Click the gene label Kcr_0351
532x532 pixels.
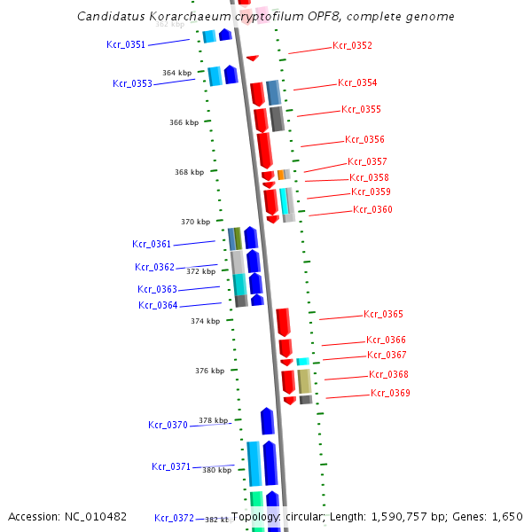pyautogui.click(x=126, y=44)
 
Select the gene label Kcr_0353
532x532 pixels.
pyautogui.click(x=132, y=83)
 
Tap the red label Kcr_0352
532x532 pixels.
pyautogui.click(x=352, y=45)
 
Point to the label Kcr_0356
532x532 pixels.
pyautogui.click(x=364, y=139)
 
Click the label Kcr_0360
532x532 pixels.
pyautogui.click(x=372, y=209)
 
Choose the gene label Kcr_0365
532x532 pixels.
pyautogui.click(x=383, y=314)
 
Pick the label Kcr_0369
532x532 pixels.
pyautogui.click(x=390, y=393)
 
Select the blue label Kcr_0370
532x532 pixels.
pyautogui.click(x=168, y=425)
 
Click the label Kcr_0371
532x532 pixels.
pyautogui.click(x=171, y=466)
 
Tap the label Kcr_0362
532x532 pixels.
pyautogui.click(x=154, y=267)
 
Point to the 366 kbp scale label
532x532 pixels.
pyautogui.click(x=184, y=122)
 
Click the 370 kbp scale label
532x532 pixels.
pyautogui.click(x=195, y=222)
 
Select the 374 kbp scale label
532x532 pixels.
pyautogui.click(x=205, y=321)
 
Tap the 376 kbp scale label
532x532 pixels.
pyautogui.click(x=210, y=371)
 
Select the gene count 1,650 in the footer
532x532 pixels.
pyautogui.click(x=506, y=517)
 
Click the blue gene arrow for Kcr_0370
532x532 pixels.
pyautogui.click(x=267, y=421)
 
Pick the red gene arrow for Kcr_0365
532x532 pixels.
pyautogui.click(x=284, y=322)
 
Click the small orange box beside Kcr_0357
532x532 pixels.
pyautogui.click(x=281, y=175)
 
